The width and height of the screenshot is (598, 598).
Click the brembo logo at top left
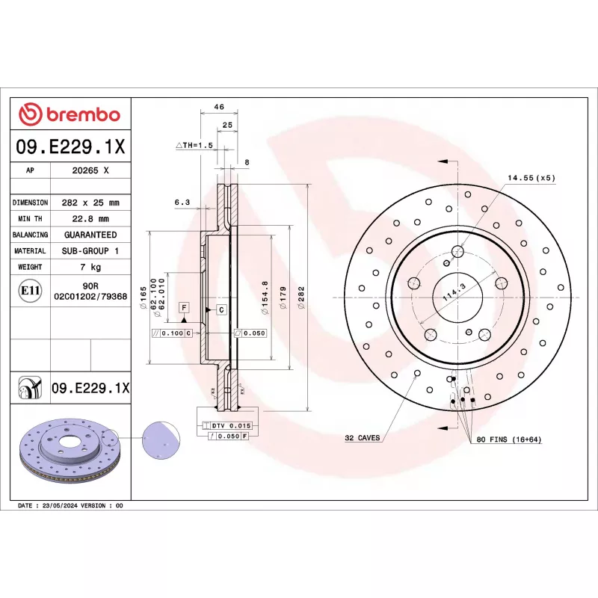click(70, 114)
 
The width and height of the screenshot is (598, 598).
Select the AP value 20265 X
click(90, 170)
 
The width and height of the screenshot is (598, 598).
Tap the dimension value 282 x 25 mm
click(90, 203)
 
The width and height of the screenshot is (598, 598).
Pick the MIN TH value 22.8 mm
click(90, 219)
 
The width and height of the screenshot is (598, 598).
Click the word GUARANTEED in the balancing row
click(90, 235)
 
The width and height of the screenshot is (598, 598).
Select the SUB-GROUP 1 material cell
click(90, 251)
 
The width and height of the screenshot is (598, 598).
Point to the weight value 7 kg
click(90, 267)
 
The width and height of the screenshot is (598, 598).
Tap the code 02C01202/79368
click(90, 297)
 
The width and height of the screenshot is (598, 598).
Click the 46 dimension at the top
click(219, 108)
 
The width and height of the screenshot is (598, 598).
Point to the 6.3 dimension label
click(182, 202)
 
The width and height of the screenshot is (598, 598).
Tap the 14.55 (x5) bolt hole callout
click(531, 177)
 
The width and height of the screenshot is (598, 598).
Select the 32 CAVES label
click(362, 438)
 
